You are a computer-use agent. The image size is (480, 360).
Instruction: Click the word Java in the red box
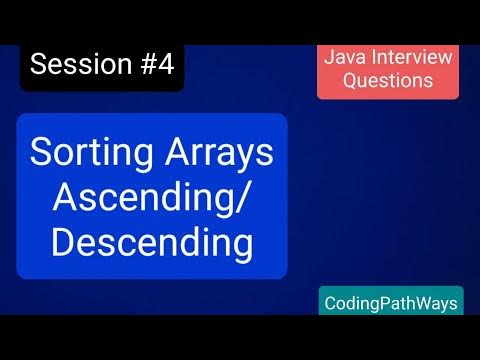342,57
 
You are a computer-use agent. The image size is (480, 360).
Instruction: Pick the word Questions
388,82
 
